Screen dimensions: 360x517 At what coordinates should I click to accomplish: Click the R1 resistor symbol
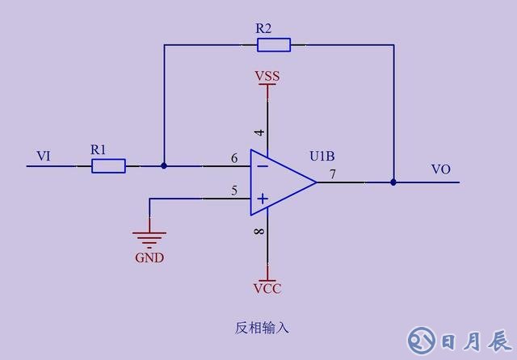click(108, 166)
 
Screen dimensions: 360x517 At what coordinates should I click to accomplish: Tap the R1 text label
click(98, 149)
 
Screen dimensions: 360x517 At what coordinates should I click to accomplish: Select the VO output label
click(440, 170)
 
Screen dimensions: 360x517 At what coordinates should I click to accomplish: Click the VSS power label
click(267, 77)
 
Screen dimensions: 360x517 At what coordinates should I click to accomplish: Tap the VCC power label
click(267, 288)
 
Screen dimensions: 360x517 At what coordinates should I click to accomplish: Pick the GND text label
click(149, 258)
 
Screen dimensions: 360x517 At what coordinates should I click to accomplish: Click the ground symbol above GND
click(149, 237)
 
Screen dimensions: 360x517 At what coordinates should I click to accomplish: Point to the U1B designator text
click(324, 155)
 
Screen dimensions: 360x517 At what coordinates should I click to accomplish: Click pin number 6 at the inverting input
click(234, 158)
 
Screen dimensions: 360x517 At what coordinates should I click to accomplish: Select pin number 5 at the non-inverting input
click(234, 191)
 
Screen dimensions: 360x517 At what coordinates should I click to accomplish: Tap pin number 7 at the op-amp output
click(332, 174)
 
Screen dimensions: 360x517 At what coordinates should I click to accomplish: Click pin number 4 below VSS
click(259, 132)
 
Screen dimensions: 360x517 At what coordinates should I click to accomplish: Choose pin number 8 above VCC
click(259, 232)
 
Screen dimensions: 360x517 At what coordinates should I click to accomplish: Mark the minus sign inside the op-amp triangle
click(262, 166)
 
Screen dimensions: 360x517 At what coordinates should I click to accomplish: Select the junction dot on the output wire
click(393, 182)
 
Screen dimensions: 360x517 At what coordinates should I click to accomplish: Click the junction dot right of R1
click(164, 166)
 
